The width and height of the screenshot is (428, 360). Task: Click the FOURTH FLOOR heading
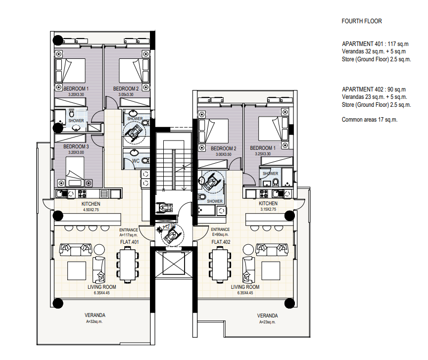(x=362, y=21)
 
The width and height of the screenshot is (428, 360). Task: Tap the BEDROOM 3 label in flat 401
(x=76, y=147)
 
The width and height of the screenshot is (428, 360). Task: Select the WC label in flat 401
(x=136, y=161)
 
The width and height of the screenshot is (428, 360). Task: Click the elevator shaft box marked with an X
(x=174, y=263)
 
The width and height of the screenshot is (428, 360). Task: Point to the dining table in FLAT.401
(x=128, y=264)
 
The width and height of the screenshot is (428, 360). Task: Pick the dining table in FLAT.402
(x=220, y=264)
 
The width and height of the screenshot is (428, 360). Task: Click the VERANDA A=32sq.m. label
(x=95, y=318)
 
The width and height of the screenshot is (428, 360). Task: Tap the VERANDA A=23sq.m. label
(x=268, y=318)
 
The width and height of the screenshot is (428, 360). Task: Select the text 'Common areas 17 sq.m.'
(x=370, y=120)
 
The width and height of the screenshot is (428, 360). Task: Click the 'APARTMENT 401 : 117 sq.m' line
(x=375, y=44)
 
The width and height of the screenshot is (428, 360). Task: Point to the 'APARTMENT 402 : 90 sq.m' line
(x=374, y=90)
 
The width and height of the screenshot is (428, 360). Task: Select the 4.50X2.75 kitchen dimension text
(x=91, y=210)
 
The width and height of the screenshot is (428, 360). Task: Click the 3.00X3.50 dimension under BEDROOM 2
(x=224, y=154)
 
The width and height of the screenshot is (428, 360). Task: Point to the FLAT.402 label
(x=221, y=242)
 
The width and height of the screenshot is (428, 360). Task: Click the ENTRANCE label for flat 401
(x=129, y=230)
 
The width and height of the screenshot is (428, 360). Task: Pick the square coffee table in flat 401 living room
(x=77, y=271)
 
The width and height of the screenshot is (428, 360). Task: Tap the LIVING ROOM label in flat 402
(x=245, y=287)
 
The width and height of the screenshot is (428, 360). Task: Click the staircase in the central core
(x=174, y=166)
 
